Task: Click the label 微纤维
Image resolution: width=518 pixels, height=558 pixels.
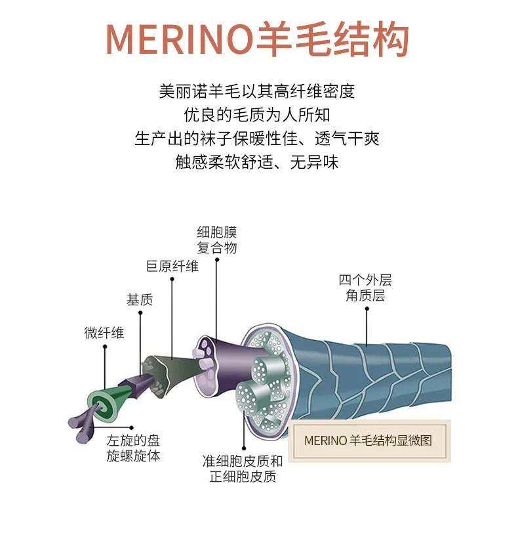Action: [x=104, y=333]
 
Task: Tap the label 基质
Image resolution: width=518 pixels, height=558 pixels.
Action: [x=139, y=300]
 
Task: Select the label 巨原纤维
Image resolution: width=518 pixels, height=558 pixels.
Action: [x=172, y=266]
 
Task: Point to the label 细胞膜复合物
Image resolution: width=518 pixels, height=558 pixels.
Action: [x=217, y=240]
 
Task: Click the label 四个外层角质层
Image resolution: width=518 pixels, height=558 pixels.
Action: [x=365, y=288]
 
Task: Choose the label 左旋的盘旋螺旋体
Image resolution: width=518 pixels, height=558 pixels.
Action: [x=133, y=448]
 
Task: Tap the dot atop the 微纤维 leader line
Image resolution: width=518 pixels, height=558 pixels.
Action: [x=104, y=348]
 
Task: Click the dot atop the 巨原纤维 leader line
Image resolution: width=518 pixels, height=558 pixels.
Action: [x=172, y=279]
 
